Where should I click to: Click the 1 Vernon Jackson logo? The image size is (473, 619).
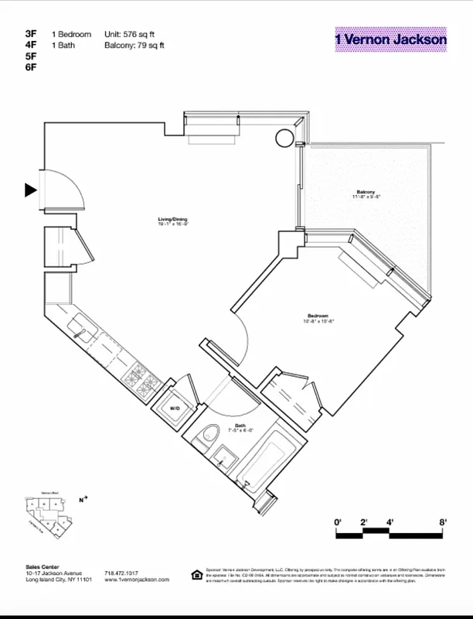click(x=390, y=39)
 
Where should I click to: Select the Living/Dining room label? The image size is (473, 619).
click(x=173, y=221)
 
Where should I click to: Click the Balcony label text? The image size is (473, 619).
click(x=366, y=193)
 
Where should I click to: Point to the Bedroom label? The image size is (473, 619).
click(x=318, y=316)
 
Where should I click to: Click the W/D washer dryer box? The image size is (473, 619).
click(x=175, y=408)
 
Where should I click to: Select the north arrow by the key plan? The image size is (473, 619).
click(x=83, y=499)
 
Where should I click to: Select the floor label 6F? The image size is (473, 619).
click(x=31, y=67)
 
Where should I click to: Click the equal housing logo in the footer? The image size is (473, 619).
click(x=197, y=574)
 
